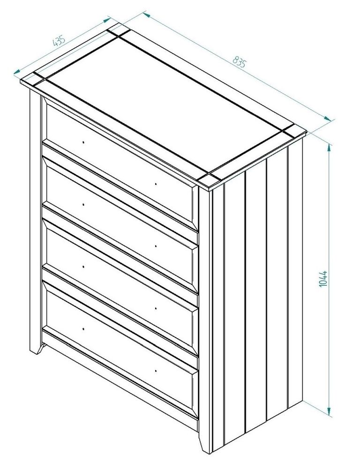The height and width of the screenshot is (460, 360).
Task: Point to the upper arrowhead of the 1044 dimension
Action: click(x=330, y=147)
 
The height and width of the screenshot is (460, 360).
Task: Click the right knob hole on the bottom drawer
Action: click(x=155, y=371)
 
